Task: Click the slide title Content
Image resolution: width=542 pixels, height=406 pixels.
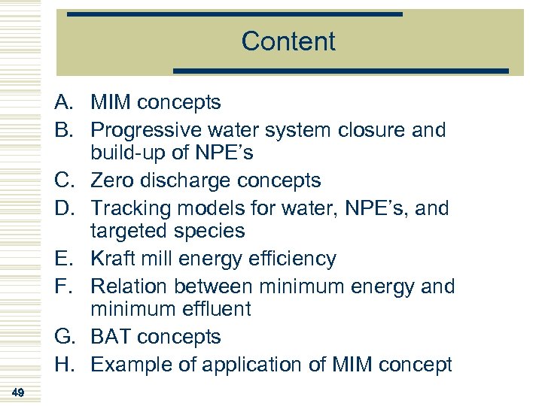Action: [x=288, y=41]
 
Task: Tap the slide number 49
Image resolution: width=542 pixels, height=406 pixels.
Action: [x=19, y=392]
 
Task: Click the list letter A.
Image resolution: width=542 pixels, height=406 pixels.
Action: [x=63, y=102]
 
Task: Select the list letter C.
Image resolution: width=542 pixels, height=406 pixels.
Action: [x=63, y=180]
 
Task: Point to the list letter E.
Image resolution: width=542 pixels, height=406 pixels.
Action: [x=63, y=259]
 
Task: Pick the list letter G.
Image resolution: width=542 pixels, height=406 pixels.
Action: [x=63, y=337]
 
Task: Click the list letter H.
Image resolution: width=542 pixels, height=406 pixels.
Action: [x=63, y=365]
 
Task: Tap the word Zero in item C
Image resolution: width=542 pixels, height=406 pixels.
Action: [x=113, y=180]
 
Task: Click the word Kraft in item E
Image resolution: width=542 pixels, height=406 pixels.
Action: [x=113, y=259]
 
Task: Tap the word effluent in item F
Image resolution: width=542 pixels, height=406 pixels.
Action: [x=214, y=309]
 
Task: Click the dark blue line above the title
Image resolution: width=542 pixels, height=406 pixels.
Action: [x=235, y=14]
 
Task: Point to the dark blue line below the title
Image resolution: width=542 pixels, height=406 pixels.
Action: [x=341, y=71]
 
